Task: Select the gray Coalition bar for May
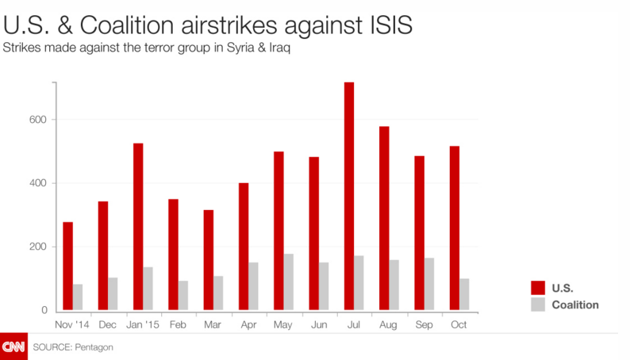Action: coord(289,281)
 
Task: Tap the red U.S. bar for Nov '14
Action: coord(68,266)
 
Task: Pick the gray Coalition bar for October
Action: coord(464,293)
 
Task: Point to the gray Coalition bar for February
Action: coord(183,295)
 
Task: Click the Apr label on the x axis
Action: coord(248,324)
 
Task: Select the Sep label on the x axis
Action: coord(424,324)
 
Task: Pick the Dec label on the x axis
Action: coord(108,324)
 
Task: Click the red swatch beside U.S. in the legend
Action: coord(537,289)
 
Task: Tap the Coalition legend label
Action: coord(575,304)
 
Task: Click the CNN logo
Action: coord(13,347)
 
